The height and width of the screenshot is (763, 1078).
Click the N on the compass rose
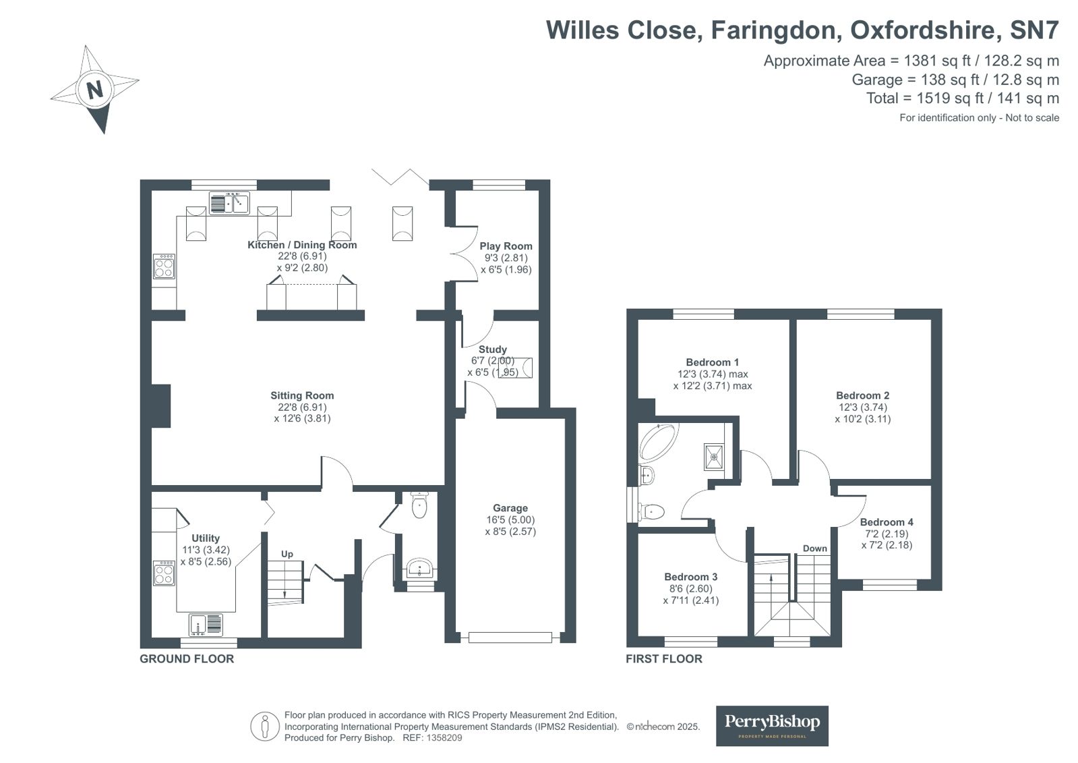(94, 90)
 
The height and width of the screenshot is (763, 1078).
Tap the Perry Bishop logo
(772, 725)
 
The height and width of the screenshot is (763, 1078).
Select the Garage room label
(510, 508)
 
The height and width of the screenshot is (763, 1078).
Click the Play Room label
(506, 246)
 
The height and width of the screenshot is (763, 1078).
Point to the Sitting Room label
(302, 395)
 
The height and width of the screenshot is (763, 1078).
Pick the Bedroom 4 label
(887, 522)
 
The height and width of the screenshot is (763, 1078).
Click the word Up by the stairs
(287, 554)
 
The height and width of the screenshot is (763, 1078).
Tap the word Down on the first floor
(815, 548)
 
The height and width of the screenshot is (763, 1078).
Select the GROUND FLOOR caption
(187, 659)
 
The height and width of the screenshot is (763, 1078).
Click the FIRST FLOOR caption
(663, 659)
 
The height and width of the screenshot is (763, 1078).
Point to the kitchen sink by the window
(230, 202)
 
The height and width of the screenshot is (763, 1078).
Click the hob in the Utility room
(164, 573)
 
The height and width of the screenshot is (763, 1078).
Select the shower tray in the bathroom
(714, 456)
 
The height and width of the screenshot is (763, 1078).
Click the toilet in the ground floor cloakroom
(419, 505)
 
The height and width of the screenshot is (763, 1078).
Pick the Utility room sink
(206, 625)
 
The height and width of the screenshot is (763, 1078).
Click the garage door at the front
(510, 638)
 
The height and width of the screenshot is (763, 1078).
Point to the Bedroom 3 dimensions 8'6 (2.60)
(690, 589)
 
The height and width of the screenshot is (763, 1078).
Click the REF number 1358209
(444, 737)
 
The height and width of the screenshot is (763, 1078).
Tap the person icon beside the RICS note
(265, 727)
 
